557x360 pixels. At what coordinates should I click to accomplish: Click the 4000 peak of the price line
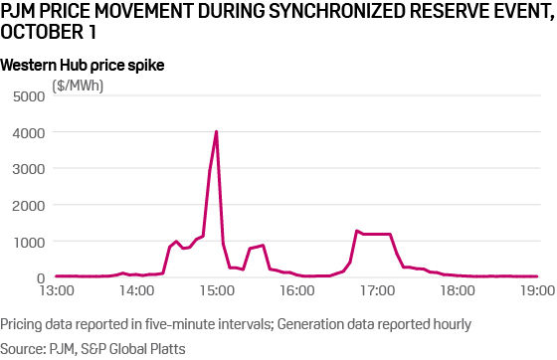pyautogui.click(x=216, y=132)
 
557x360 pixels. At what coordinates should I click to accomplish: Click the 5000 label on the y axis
pyautogui.click(x=29, y=96)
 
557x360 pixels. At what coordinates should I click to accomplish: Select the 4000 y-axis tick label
pyautogui.click(x=29, y=132)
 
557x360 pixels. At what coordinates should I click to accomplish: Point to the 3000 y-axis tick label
pyautogui.click(x=29, y=169)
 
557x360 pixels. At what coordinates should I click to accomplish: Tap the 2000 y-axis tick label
pyautogui.click(x=29, y=206)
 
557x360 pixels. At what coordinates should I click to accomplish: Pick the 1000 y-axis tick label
pyautogui.click(x=29, y=242)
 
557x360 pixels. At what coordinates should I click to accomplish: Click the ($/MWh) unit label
pyautogui.click(x=78, y=86)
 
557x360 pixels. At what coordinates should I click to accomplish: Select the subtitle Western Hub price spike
pyautogui.click(x=83, y=65)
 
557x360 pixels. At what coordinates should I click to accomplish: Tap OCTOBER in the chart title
pyautogui.click(x=39, y=34)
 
